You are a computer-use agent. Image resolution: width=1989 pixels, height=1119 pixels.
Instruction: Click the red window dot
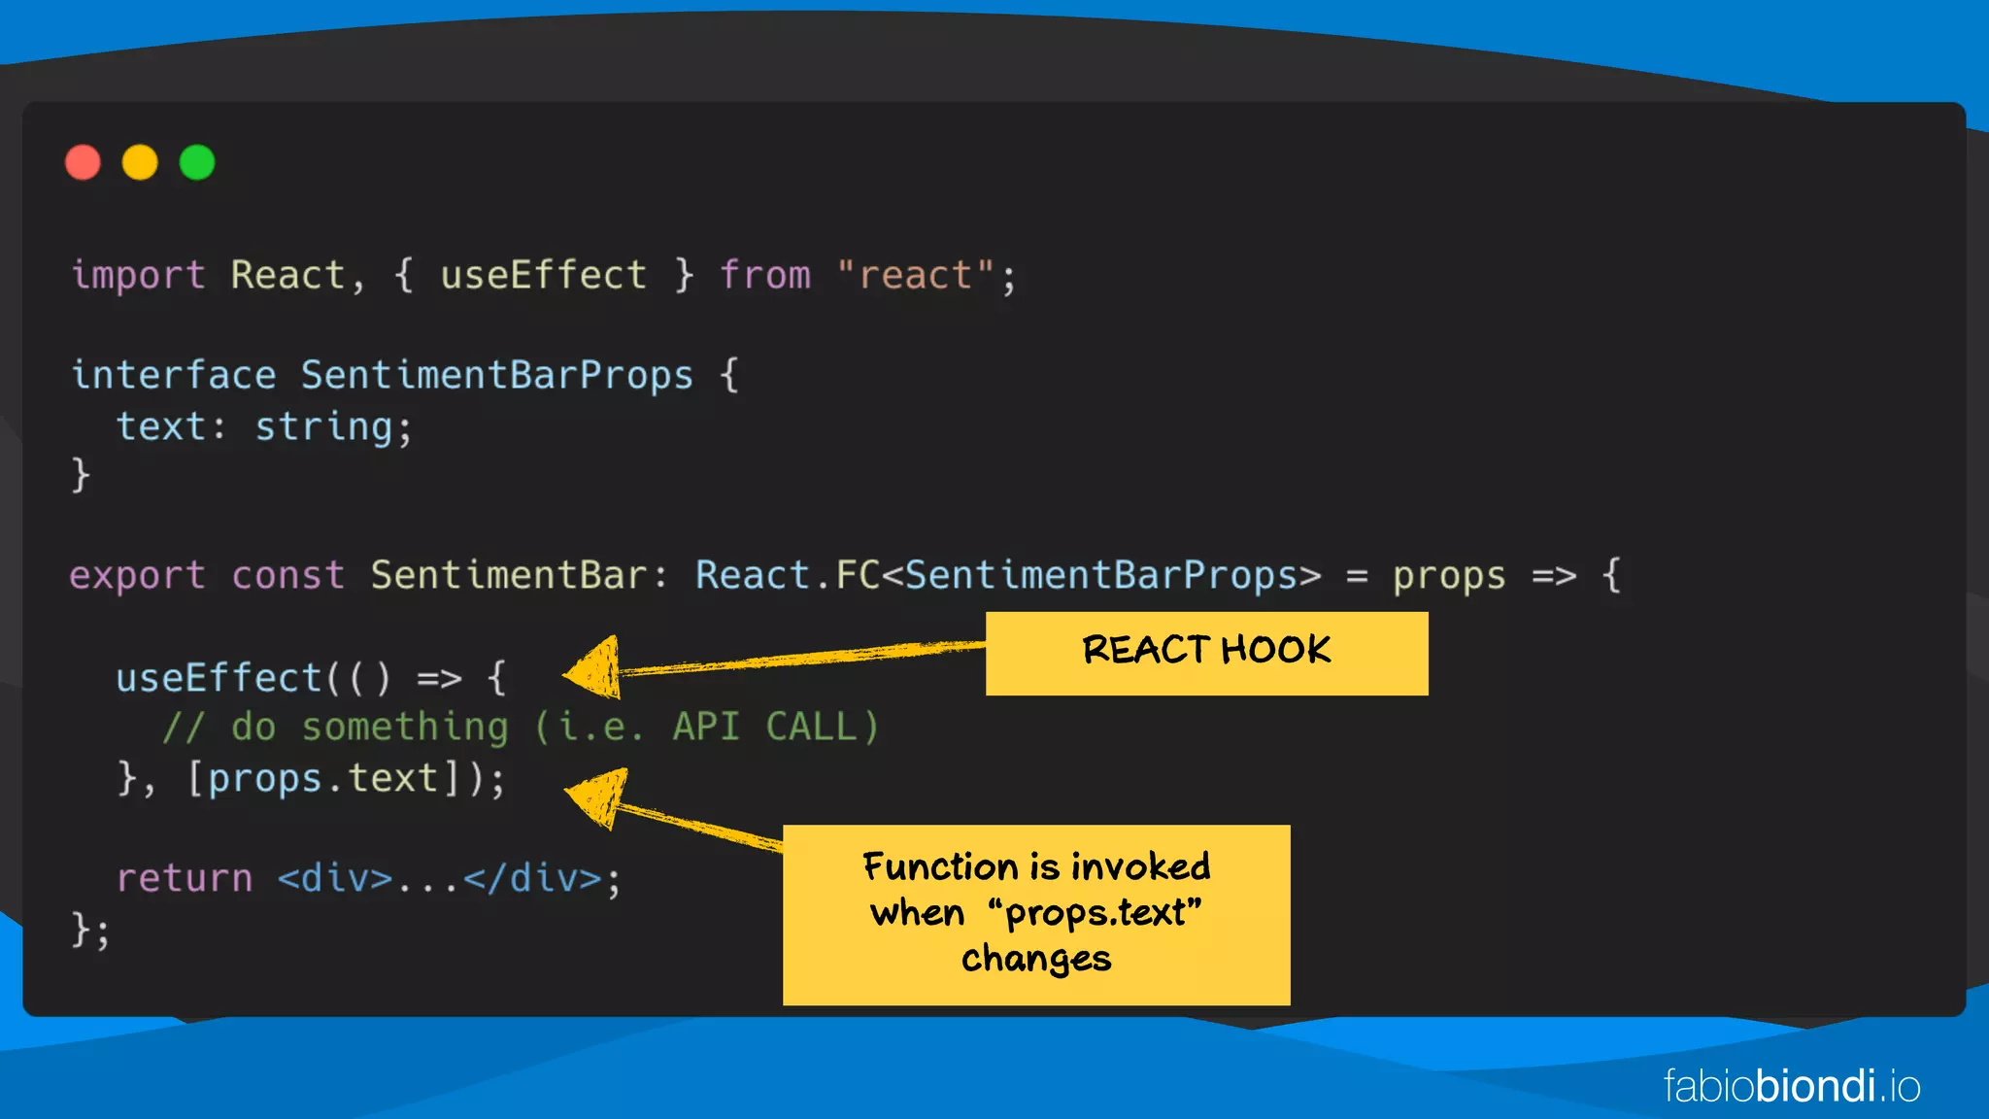(x=83, y=162)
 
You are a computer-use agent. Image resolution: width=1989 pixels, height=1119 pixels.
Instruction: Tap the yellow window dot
(x=140, y=162)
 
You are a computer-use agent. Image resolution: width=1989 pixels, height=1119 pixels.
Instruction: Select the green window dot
(x=197, y=162)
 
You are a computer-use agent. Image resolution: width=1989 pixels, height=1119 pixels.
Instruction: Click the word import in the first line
(x=138, y=276)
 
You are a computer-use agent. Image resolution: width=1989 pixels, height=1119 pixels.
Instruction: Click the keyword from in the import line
(x=765, y=276)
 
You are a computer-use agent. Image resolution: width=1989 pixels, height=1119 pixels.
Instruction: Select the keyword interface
(x=174, y=376)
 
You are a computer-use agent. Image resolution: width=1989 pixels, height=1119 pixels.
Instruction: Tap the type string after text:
(x=323, y=427)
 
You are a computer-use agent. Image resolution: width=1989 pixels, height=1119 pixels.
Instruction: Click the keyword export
(x=137, y=576)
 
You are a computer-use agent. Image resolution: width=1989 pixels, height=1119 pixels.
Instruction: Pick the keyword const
(x=287, y=576)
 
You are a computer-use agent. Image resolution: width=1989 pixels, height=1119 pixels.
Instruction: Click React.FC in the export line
(x=788, y=576)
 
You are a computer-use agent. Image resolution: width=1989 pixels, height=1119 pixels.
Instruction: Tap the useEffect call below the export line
(x=219, y=678)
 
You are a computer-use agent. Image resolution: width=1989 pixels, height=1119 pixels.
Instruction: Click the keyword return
(x=185, y=879)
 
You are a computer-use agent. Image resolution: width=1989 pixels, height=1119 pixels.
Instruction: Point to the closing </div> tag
(x=532, y=879)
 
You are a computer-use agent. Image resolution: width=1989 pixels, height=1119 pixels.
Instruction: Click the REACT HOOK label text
(x=1206, y=651)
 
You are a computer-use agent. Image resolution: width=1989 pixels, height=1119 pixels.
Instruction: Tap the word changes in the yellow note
(x=1036, y=959)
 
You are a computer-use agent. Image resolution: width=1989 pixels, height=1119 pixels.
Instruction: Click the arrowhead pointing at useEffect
(x=592, y=669)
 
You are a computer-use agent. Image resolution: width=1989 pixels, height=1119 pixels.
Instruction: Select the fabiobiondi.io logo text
(x=1792, y=1086)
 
